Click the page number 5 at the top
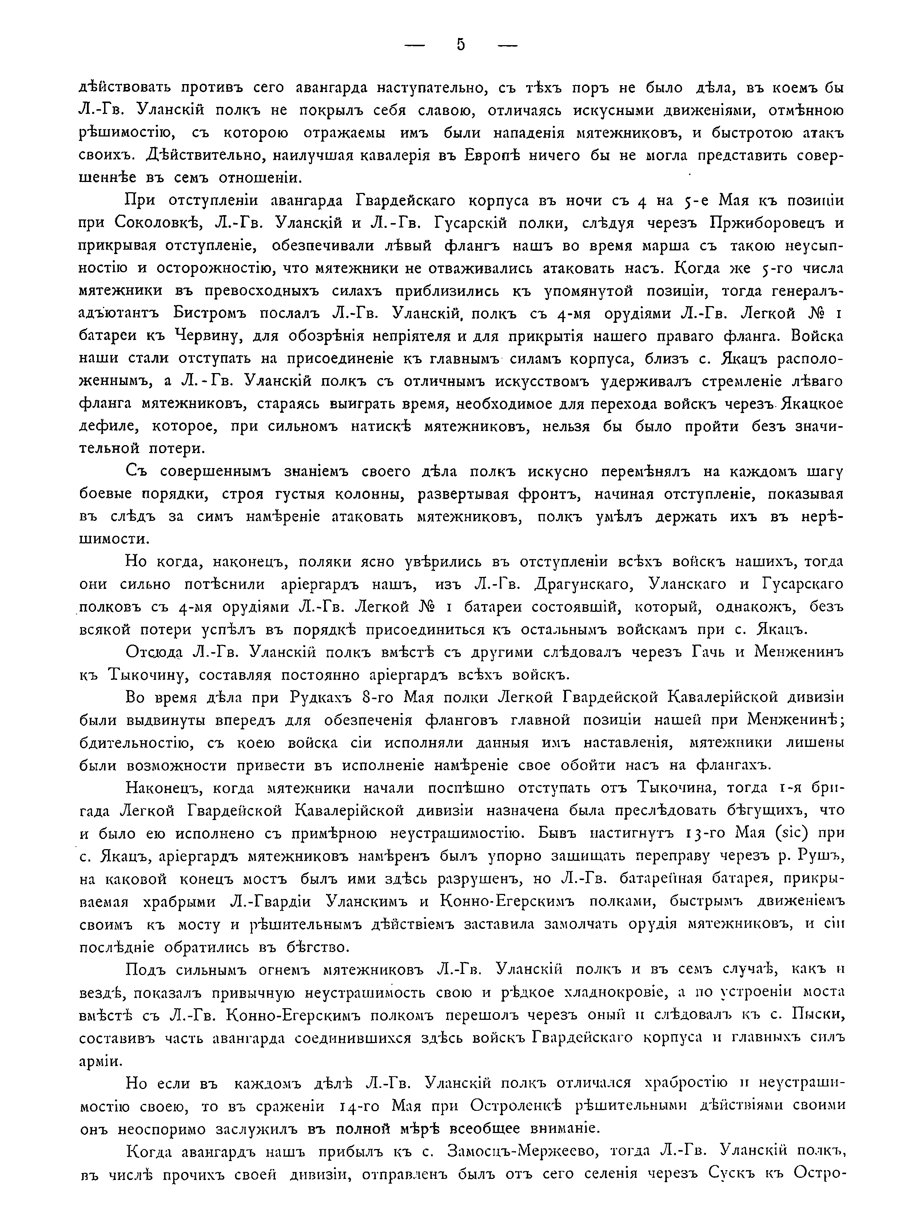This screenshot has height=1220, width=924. (x=461, y=45)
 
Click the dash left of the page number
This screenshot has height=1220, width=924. (x=415, y=46)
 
